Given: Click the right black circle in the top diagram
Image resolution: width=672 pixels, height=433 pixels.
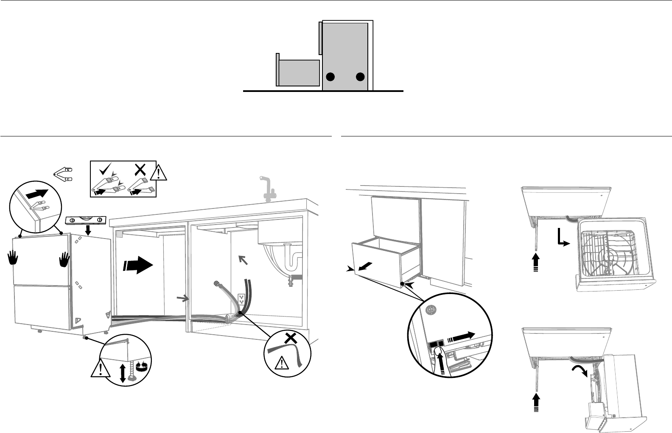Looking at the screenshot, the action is click(360, 77).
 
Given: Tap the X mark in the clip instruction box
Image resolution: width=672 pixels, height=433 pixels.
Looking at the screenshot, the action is click(140, 169).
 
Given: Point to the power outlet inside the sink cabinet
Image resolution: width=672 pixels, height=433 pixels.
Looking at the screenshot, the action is click(242, 300).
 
